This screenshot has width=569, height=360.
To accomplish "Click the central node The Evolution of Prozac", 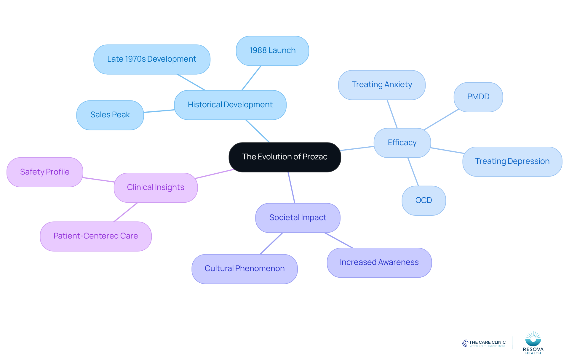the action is point(285,157).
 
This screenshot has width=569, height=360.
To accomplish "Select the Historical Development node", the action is point(230,105).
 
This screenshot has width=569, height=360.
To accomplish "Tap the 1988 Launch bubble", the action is point(272,51).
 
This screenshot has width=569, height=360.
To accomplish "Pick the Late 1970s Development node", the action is point(152,59).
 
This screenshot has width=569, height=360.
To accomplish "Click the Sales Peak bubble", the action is point(110,115).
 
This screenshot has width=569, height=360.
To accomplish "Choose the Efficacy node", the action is point(402,143).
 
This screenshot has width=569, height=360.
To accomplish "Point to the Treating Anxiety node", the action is point(382,85).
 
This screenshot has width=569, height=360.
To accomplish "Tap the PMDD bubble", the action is point(478,97).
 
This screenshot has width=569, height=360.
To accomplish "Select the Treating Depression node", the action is point(512,161).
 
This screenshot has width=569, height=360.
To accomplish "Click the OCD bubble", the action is point(424,201).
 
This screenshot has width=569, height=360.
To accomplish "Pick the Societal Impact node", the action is point(298,218).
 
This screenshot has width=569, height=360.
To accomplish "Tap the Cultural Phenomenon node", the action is point(244,269).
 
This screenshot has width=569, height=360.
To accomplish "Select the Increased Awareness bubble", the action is point(379,263).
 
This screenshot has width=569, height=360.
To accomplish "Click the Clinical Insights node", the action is point(156,188).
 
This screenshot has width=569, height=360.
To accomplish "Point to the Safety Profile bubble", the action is point(45,172).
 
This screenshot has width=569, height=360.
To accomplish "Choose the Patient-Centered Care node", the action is point(96,236).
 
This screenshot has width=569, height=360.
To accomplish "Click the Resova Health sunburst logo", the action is point(533,339).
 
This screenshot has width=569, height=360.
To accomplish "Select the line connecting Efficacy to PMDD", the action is point(441,119).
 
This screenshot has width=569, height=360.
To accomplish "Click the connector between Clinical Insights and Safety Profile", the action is point(99,180).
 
